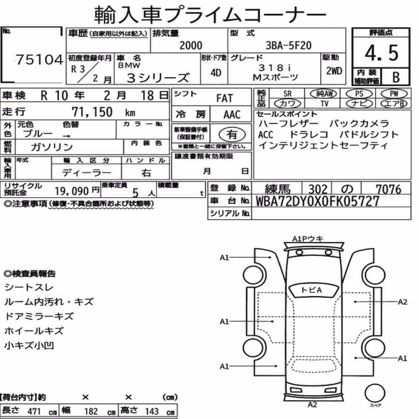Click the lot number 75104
tap(39, 59)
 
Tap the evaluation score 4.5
tap(381, 53)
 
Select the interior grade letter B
tap(396, 77)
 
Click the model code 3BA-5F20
tap(288, 45)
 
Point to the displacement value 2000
tap(191, 45)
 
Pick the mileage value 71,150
tap(92, 112)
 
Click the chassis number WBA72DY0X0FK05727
tap(318, 201)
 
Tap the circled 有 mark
tap(232, 134)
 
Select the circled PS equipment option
tap(359, 94)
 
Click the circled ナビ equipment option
tap(359, 103)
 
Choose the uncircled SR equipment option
tap(287, 94)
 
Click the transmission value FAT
tap(225, 98)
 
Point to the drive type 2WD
tap(334, 71)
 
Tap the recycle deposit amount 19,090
tap(72, 191)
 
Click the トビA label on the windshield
tap(312, 290)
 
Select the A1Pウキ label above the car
tap(308, 239)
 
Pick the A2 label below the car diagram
tap(313, 405)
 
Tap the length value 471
tap(34, 411)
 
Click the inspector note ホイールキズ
tap(34, 331)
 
